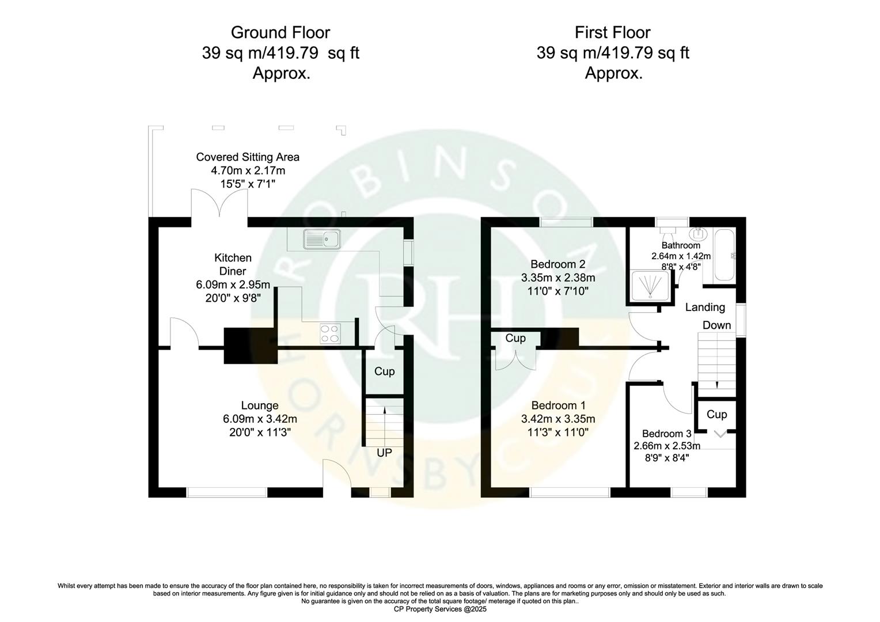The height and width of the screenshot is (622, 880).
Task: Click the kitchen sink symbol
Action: click(323, 238)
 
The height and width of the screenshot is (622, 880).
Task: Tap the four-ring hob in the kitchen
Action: click(330, 333)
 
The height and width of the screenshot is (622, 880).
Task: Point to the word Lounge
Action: click(259, 406)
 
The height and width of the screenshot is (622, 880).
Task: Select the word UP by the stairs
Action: click(384, 453)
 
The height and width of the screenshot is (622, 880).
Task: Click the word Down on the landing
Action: click(716, 325)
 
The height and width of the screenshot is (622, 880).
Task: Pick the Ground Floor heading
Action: click(280, 32)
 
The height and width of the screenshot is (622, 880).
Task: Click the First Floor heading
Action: click(613, 32)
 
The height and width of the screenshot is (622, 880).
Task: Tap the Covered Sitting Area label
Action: click(248, 157)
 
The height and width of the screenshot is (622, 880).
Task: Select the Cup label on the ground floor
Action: click(384, 371)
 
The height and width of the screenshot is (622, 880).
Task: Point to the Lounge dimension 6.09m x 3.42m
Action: click(259, 419)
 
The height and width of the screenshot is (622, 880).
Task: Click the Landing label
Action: click(705, 308)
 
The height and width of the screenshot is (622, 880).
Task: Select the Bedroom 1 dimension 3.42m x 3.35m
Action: click(557, 419)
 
